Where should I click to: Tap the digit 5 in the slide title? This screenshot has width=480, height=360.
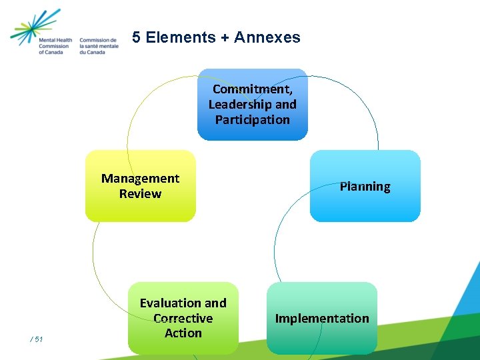click(136, 38)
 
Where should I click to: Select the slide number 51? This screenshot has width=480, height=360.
click(37, 340)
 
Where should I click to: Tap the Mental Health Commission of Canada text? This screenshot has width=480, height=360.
click(55, 45)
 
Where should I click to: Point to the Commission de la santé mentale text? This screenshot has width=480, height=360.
click(98, 45)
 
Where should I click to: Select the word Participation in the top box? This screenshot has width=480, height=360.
click(253, 120)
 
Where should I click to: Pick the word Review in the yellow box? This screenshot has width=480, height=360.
click(140, 194)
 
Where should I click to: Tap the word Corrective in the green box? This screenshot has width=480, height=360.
click(183, 318)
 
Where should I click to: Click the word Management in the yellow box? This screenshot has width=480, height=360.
click(140, 179)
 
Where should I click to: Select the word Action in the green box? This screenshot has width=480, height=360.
click(183, 333)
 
